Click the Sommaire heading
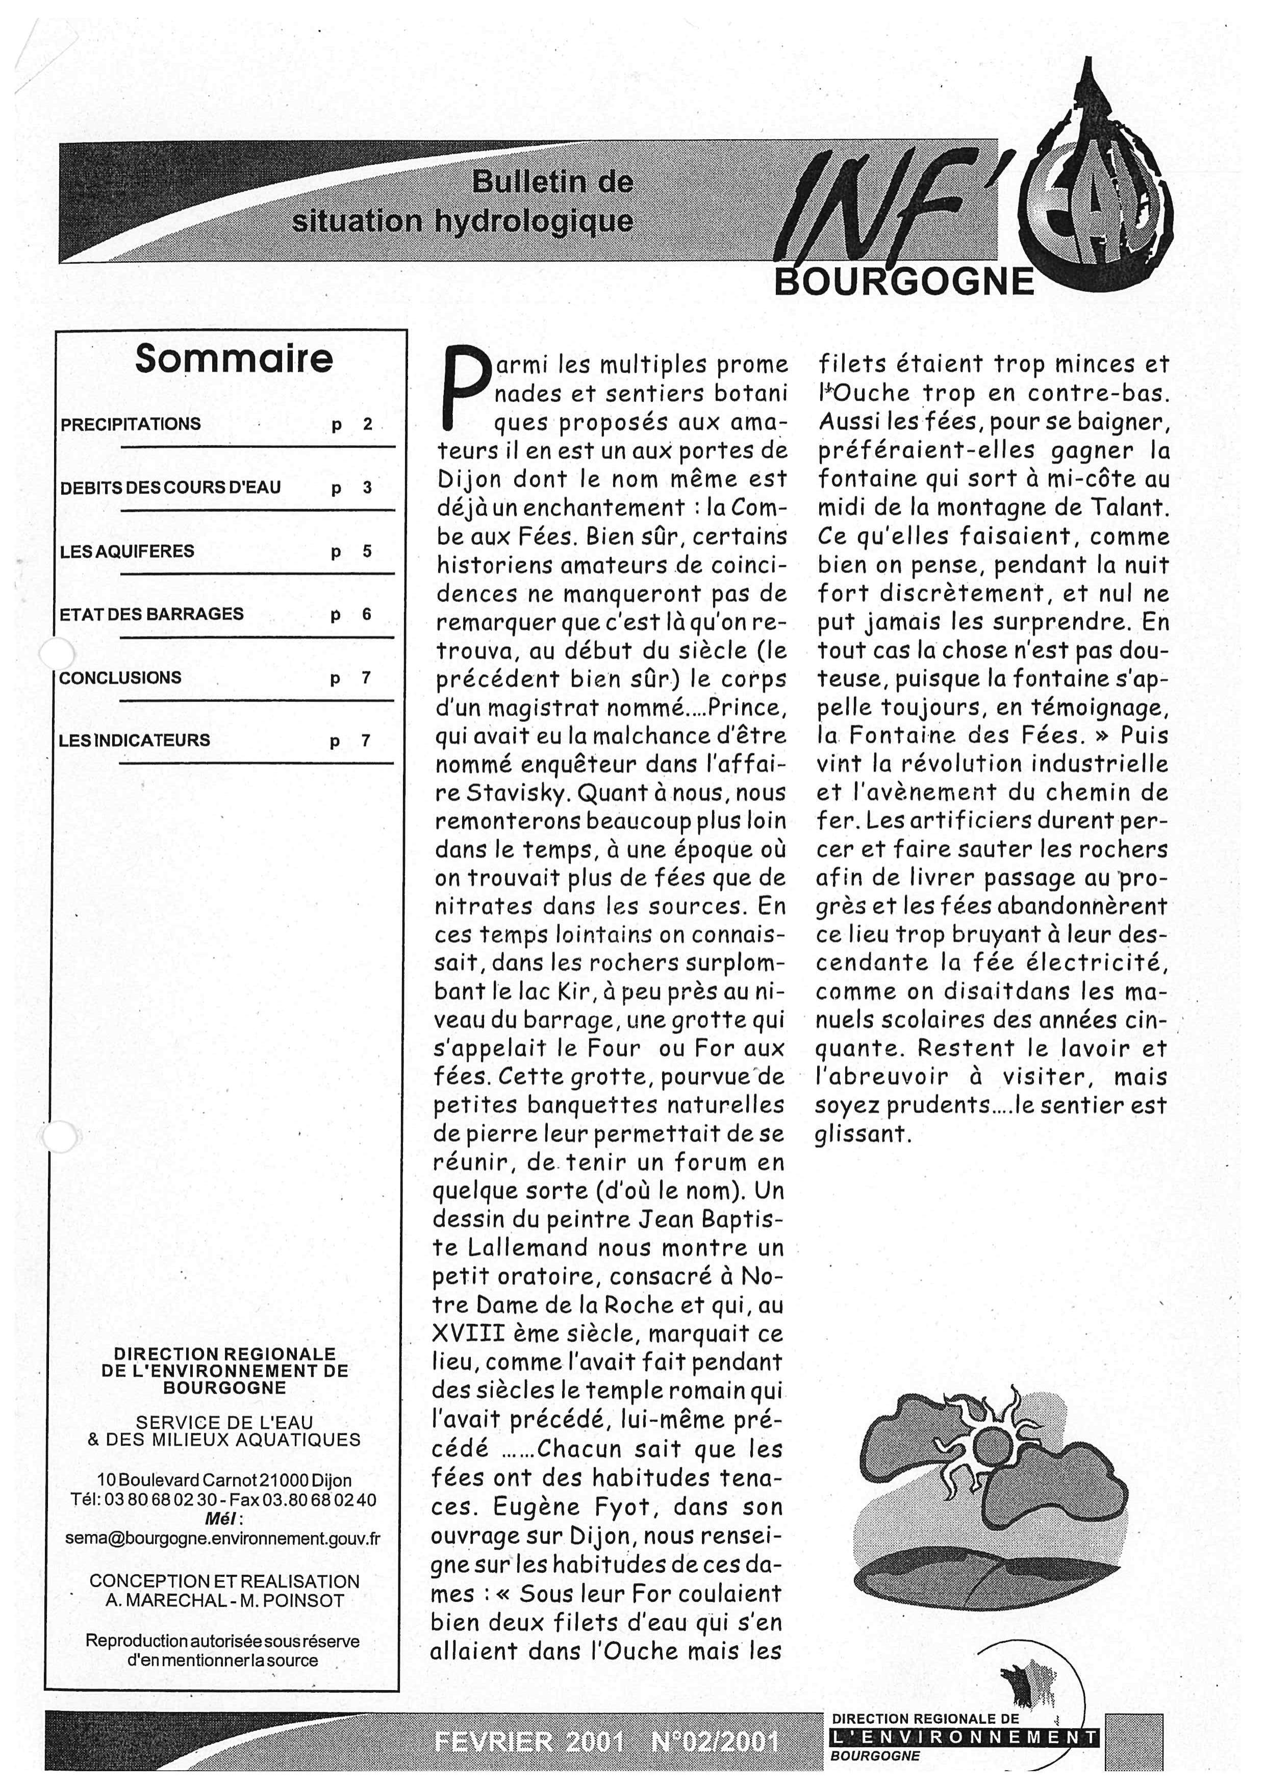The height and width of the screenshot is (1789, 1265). pyautogui.click(x=234, y=359)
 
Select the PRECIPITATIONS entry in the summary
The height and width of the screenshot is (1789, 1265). pyautogui.click(x=131, y=424)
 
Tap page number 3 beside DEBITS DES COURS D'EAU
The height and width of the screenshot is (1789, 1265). pyautogui.click(x=367, y=489)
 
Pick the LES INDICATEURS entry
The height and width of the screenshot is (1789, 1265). pyautogui.click(x=134, y=740)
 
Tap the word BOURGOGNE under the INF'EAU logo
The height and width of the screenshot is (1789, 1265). pyautogui.click(x=903, y=282)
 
